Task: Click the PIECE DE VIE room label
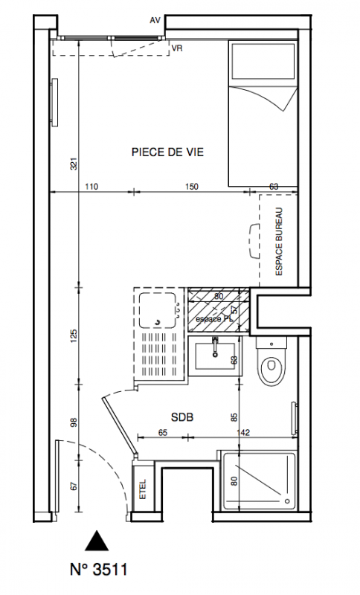pyautogui.click(x=167, y=152)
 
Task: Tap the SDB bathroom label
pyautogui.click(x=182, y=417)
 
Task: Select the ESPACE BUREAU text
pyautogui.click(x=279, y=242)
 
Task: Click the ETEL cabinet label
pyautogui.click(x=143, y=490)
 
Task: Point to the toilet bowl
pyautogui.click(x=271, y=366)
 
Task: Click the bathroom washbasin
pyautogui.click(x=215, y=356)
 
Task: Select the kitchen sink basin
pyautogui.click(x=157, y=310)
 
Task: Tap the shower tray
pyautogui.click(x=259, y=480)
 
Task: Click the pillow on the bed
pyautogui.click(x=263, y=61)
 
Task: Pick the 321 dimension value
pyautogui.click(x=74, y=164)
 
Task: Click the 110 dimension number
pyautogui.click(x=91, y=187)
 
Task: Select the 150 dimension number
pyautogui.click(x=192, y=187)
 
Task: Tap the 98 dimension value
pyautogui.click(x=74, y=422)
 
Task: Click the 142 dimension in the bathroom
pyautogui.click(x=242, y=432)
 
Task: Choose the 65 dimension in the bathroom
pyautogui.click(x=162, y=432)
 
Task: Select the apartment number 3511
pyautogui.click(x=99, y=570)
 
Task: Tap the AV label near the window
pyautogui.click(x=155, y=21)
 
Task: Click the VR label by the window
pyautogui.click(x=177, y=48)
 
